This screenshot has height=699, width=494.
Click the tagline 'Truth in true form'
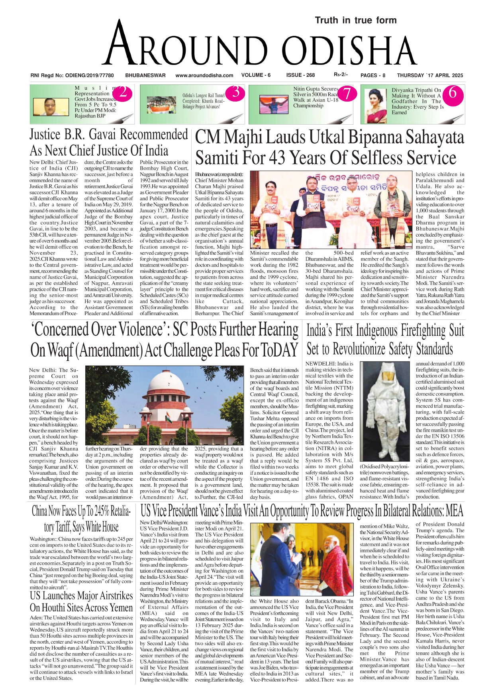(355, 20)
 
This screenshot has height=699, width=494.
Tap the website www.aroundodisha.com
(204, 75)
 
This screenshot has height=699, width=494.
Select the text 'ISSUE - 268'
(300, 75)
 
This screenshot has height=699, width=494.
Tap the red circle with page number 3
(236, 92)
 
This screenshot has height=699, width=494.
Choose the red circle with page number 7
(347, 94)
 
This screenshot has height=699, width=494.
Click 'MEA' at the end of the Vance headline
(455, 511)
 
